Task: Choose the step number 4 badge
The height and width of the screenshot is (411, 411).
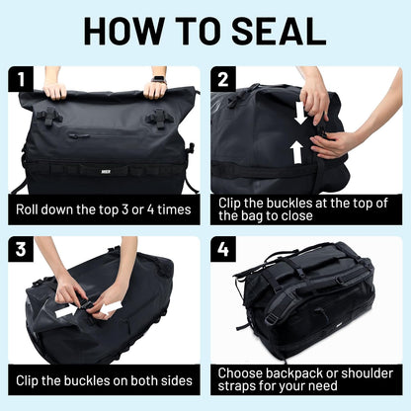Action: (x=226, y=251)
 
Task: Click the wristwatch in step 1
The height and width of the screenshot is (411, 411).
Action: (x=158, y=79)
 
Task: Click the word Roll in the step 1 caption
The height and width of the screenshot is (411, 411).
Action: (x=31, y=209)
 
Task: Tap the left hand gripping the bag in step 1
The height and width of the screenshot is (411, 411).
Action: (x=55, y=90)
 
